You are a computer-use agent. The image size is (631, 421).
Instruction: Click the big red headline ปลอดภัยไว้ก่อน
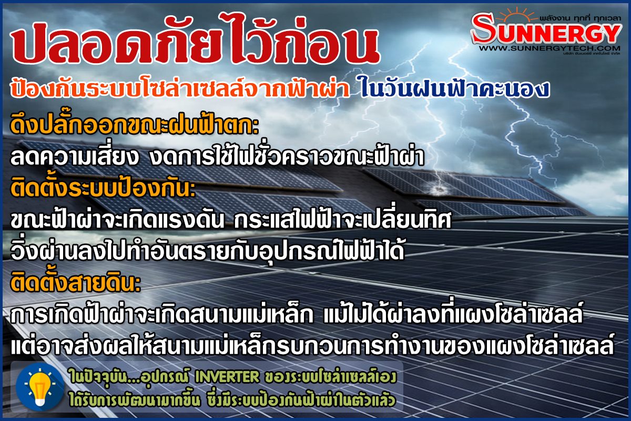pyautogui.click(x=196, y=39)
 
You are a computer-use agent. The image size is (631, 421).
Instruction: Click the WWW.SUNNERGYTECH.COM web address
pyautogui.click(x=549, y=48)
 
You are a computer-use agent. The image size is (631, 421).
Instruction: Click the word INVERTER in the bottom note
pyautogui.click(x=227, y=377)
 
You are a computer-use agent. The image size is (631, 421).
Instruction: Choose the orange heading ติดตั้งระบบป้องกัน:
pyautogui.click(x=103, y=187)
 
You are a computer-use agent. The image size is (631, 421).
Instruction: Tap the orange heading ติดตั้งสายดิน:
pyautogui.click(x=76, y=282)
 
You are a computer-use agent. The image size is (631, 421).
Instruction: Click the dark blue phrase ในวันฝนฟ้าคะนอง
pyautogui.click(x=454, y=89)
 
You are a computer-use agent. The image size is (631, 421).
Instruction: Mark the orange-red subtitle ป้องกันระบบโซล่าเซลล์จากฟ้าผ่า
pyautogui.click(x=180, y=89)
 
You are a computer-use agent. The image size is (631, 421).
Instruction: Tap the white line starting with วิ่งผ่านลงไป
pyautogui.click(x=207, y=250)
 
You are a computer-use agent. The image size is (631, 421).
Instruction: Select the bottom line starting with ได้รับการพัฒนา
pyautogui.click(x=232, y=400)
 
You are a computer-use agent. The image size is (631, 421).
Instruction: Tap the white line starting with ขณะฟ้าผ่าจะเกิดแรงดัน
pyautogui.click(x=231, y=219)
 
